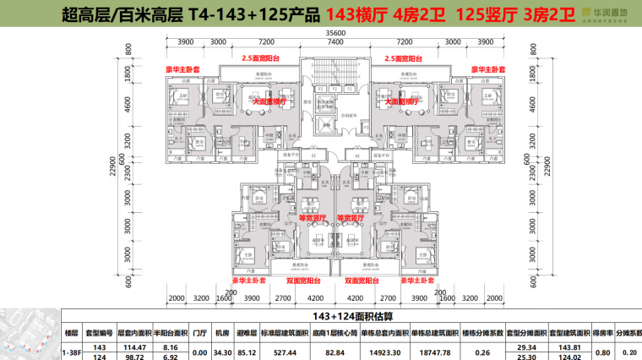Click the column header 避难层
click(x=248, y=333)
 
